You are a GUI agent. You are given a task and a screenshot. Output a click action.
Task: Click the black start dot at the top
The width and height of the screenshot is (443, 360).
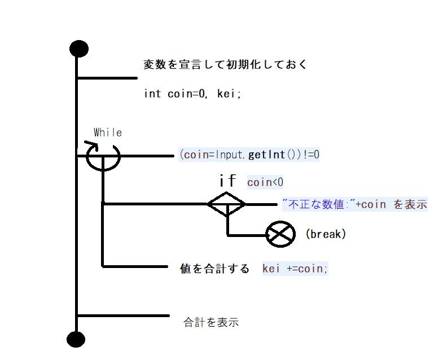click(78, 49)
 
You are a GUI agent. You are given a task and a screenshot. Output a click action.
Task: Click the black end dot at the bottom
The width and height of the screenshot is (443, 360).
click(76, 339)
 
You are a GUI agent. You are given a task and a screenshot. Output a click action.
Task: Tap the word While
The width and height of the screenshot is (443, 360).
click(108, 133)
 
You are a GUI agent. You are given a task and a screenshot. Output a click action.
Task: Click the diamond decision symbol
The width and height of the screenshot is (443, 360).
click(226, 204)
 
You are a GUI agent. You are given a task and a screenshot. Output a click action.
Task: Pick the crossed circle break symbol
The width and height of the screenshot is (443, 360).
click(280, 234)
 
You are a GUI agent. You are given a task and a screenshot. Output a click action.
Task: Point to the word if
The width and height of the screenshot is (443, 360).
click(227, 181)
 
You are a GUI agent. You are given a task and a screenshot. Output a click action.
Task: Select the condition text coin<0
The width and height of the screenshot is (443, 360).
click(265, 182)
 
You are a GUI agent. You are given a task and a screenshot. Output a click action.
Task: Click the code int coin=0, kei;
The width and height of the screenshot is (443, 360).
click(192, 94)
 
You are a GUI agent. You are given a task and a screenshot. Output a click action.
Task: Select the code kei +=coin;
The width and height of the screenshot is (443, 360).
click(295, 269)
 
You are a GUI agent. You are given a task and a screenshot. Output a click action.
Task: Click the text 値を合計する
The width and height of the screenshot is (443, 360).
click(214, 269)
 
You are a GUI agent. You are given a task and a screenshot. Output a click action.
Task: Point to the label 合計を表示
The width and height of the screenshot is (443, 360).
click(212, 323)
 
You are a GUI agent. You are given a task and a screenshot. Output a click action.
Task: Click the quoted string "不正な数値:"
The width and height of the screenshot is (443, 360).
click(318, 204)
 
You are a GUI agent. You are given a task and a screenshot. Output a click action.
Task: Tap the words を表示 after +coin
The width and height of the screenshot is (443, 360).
click(410, 204)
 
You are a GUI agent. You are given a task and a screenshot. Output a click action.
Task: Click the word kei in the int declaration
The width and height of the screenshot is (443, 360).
click(229, 94)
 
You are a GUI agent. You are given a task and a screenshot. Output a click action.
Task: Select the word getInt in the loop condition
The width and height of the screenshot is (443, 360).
click(263, 155)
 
